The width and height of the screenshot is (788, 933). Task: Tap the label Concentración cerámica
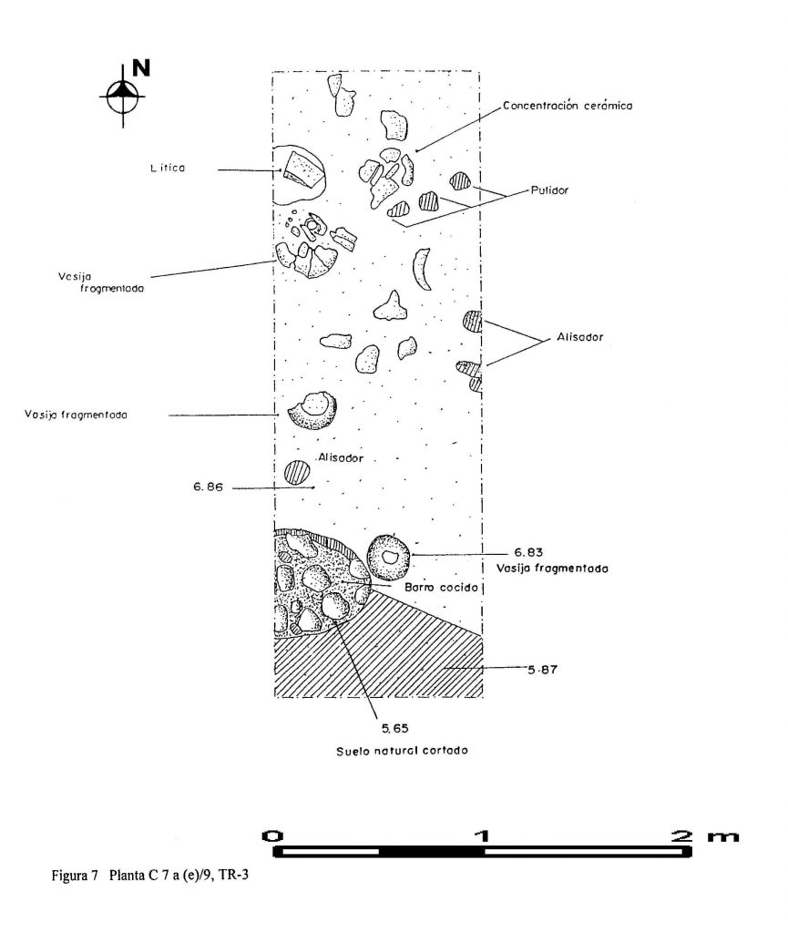[568, 105]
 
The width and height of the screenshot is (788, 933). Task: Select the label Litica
[169, 168]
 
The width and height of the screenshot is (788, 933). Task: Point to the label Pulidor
[549, 191]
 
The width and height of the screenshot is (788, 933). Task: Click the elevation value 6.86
[208, 487]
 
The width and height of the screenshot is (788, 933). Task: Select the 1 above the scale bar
[483, 835]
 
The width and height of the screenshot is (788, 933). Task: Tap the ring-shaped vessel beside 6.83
[389, 557]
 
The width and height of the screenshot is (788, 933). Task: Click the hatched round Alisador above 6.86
[297, 472]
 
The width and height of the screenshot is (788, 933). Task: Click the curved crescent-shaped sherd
[420, 269]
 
